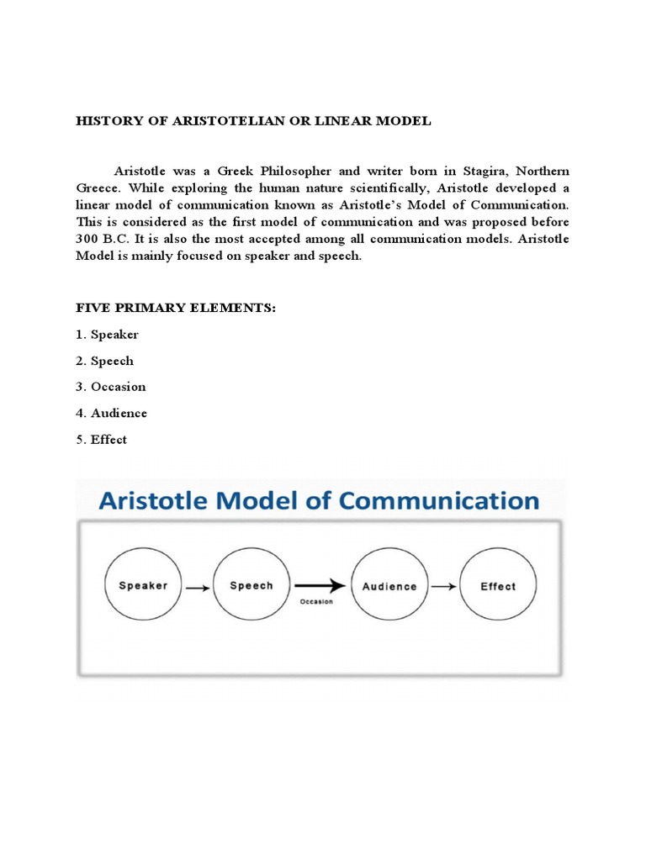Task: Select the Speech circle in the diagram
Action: coord(252,586)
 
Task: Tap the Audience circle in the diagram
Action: coord(389,586)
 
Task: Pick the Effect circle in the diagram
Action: coord(498,586)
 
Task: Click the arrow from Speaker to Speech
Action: coord(197,588)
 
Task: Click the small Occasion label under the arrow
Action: coord(316,602)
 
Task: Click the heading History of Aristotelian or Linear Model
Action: coord(253,121)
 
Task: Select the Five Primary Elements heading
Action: coord(176,309)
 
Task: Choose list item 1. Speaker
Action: coord(108,335)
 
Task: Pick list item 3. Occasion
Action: coord(111,387)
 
